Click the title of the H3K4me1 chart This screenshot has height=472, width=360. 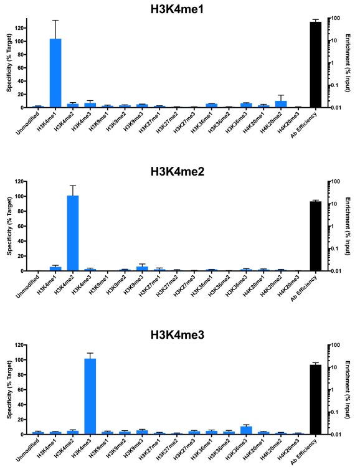[177, 9]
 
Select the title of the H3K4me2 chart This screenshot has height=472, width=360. [178, 172]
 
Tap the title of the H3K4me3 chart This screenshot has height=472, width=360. [178, 335]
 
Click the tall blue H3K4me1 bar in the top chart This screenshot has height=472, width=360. [55, 73]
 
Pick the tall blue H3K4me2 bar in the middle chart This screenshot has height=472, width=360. [73, 234]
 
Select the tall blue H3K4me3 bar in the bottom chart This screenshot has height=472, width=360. [90, 397]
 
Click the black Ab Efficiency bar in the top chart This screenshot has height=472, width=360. [315, 65]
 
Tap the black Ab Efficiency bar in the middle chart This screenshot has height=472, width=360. [315, 236]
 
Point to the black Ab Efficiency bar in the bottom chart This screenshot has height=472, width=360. [315, 400]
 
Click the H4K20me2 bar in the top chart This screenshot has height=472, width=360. [281, 104]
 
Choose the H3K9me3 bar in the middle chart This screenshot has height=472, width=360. [142, 269]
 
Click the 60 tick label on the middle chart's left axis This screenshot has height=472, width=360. [20, 226]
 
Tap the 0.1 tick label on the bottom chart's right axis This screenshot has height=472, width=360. [334, 412]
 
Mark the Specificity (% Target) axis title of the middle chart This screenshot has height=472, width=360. [9, 226]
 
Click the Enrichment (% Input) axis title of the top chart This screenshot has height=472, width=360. [348, 63]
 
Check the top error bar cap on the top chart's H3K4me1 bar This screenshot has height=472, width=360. [55, 20]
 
